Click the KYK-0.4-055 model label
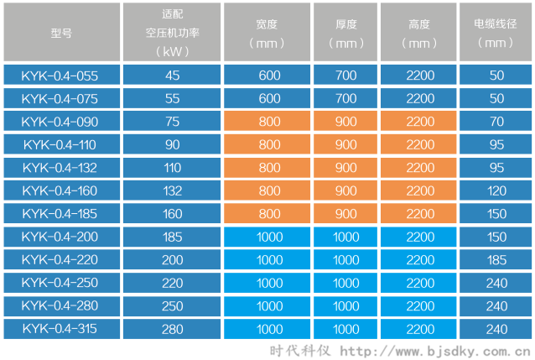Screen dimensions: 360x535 click(x=61, y=76)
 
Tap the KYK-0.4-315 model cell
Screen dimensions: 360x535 click(x=61, y=328)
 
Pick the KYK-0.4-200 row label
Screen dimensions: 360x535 click(x=61, y=237)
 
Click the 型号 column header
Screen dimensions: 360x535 click(x=61, y=32)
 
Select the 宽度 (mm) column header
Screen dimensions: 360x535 click(x=269, y=32)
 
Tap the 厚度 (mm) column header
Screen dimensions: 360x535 click(x=345, y=32)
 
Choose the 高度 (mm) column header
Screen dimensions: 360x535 click(x=420, y=32)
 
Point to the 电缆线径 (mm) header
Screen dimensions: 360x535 click(x=496, y=32)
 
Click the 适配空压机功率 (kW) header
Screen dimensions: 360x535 click(x=173, y=32)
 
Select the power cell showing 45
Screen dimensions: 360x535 click(x=173, y=76)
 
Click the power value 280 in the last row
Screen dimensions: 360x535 click(x=173, y=328)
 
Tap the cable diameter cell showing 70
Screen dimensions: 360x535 click(x=496, y=121)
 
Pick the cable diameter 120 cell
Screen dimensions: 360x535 click(x=496, y=190)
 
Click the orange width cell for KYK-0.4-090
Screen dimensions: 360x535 click(x=269, y=121)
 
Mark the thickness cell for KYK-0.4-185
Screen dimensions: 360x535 click(x=345, y=212)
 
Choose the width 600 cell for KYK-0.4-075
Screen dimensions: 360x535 click(x=269, y=98)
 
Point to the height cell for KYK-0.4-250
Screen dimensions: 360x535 click(x=420, y=283)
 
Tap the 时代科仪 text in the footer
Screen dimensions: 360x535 click(x=299, y=350)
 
